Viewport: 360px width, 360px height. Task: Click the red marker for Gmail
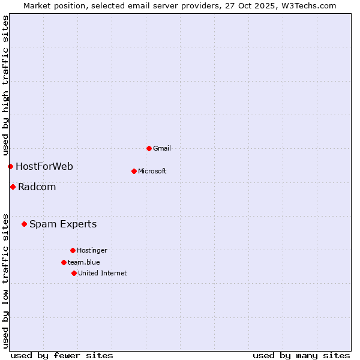[x=149, y=148]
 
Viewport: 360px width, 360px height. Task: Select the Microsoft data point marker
[x=134, y=171]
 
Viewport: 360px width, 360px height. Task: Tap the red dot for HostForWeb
[x=10, y=166]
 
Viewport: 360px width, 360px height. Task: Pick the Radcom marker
[x=13, y=187]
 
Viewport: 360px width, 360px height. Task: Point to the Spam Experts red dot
[x=24, y=224]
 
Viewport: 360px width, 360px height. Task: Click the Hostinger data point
[x=73, y=250]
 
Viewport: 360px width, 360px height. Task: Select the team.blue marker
[x=64, y=262]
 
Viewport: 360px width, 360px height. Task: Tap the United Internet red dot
[x=74, y=273]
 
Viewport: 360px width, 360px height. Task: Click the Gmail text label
[x=162, y=148]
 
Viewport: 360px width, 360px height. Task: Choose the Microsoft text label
[x=152, y=171]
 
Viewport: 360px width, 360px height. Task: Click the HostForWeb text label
[x=44, y=166]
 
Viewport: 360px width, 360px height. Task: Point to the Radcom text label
[x=37, y=187]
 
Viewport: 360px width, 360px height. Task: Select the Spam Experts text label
[x=63, y=224]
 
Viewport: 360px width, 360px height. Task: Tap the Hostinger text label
[x=92, y=250]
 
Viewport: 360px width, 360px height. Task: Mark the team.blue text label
[x=84, y=262]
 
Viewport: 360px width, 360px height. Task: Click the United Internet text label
[x=103, y=273]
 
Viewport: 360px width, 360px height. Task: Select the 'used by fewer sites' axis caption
[x=62, y=355]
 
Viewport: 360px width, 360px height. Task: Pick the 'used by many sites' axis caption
[x=301, y=355]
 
